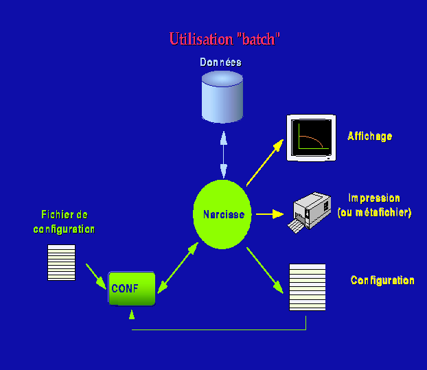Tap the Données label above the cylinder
[x=221, y=62]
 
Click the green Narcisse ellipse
[x=223, y=214]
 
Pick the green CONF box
[x=132, y=288]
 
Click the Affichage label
[x=369, y=136]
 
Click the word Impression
[x=374, y=198]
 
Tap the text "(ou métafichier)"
[x=375, y=213]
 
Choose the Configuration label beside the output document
[x=382, y=281]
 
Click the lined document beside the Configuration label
[x=307, y=288]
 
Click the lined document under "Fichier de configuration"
[x=61, y=262]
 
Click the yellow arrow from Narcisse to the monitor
[x=264, y=163]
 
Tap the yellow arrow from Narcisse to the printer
[x=269, y=214]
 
